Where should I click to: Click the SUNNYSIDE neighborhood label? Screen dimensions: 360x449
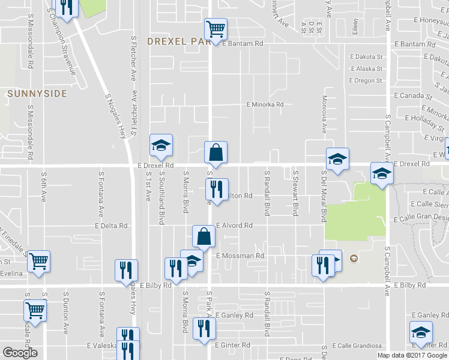37,94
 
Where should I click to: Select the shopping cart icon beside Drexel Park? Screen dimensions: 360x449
215,28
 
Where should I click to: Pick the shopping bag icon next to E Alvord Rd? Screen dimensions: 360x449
203,236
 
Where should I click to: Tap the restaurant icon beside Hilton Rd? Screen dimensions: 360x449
217,189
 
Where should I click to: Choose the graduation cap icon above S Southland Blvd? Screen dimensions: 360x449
161,145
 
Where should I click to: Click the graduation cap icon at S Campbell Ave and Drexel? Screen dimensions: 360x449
381,173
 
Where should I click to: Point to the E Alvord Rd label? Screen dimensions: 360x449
234,226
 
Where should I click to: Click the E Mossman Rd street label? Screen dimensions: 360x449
240,256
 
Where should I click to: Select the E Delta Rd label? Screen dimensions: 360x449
112,226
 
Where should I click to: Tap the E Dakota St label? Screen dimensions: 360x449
366,57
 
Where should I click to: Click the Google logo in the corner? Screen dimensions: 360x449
20,353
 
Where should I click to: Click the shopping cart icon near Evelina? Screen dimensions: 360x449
38,261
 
